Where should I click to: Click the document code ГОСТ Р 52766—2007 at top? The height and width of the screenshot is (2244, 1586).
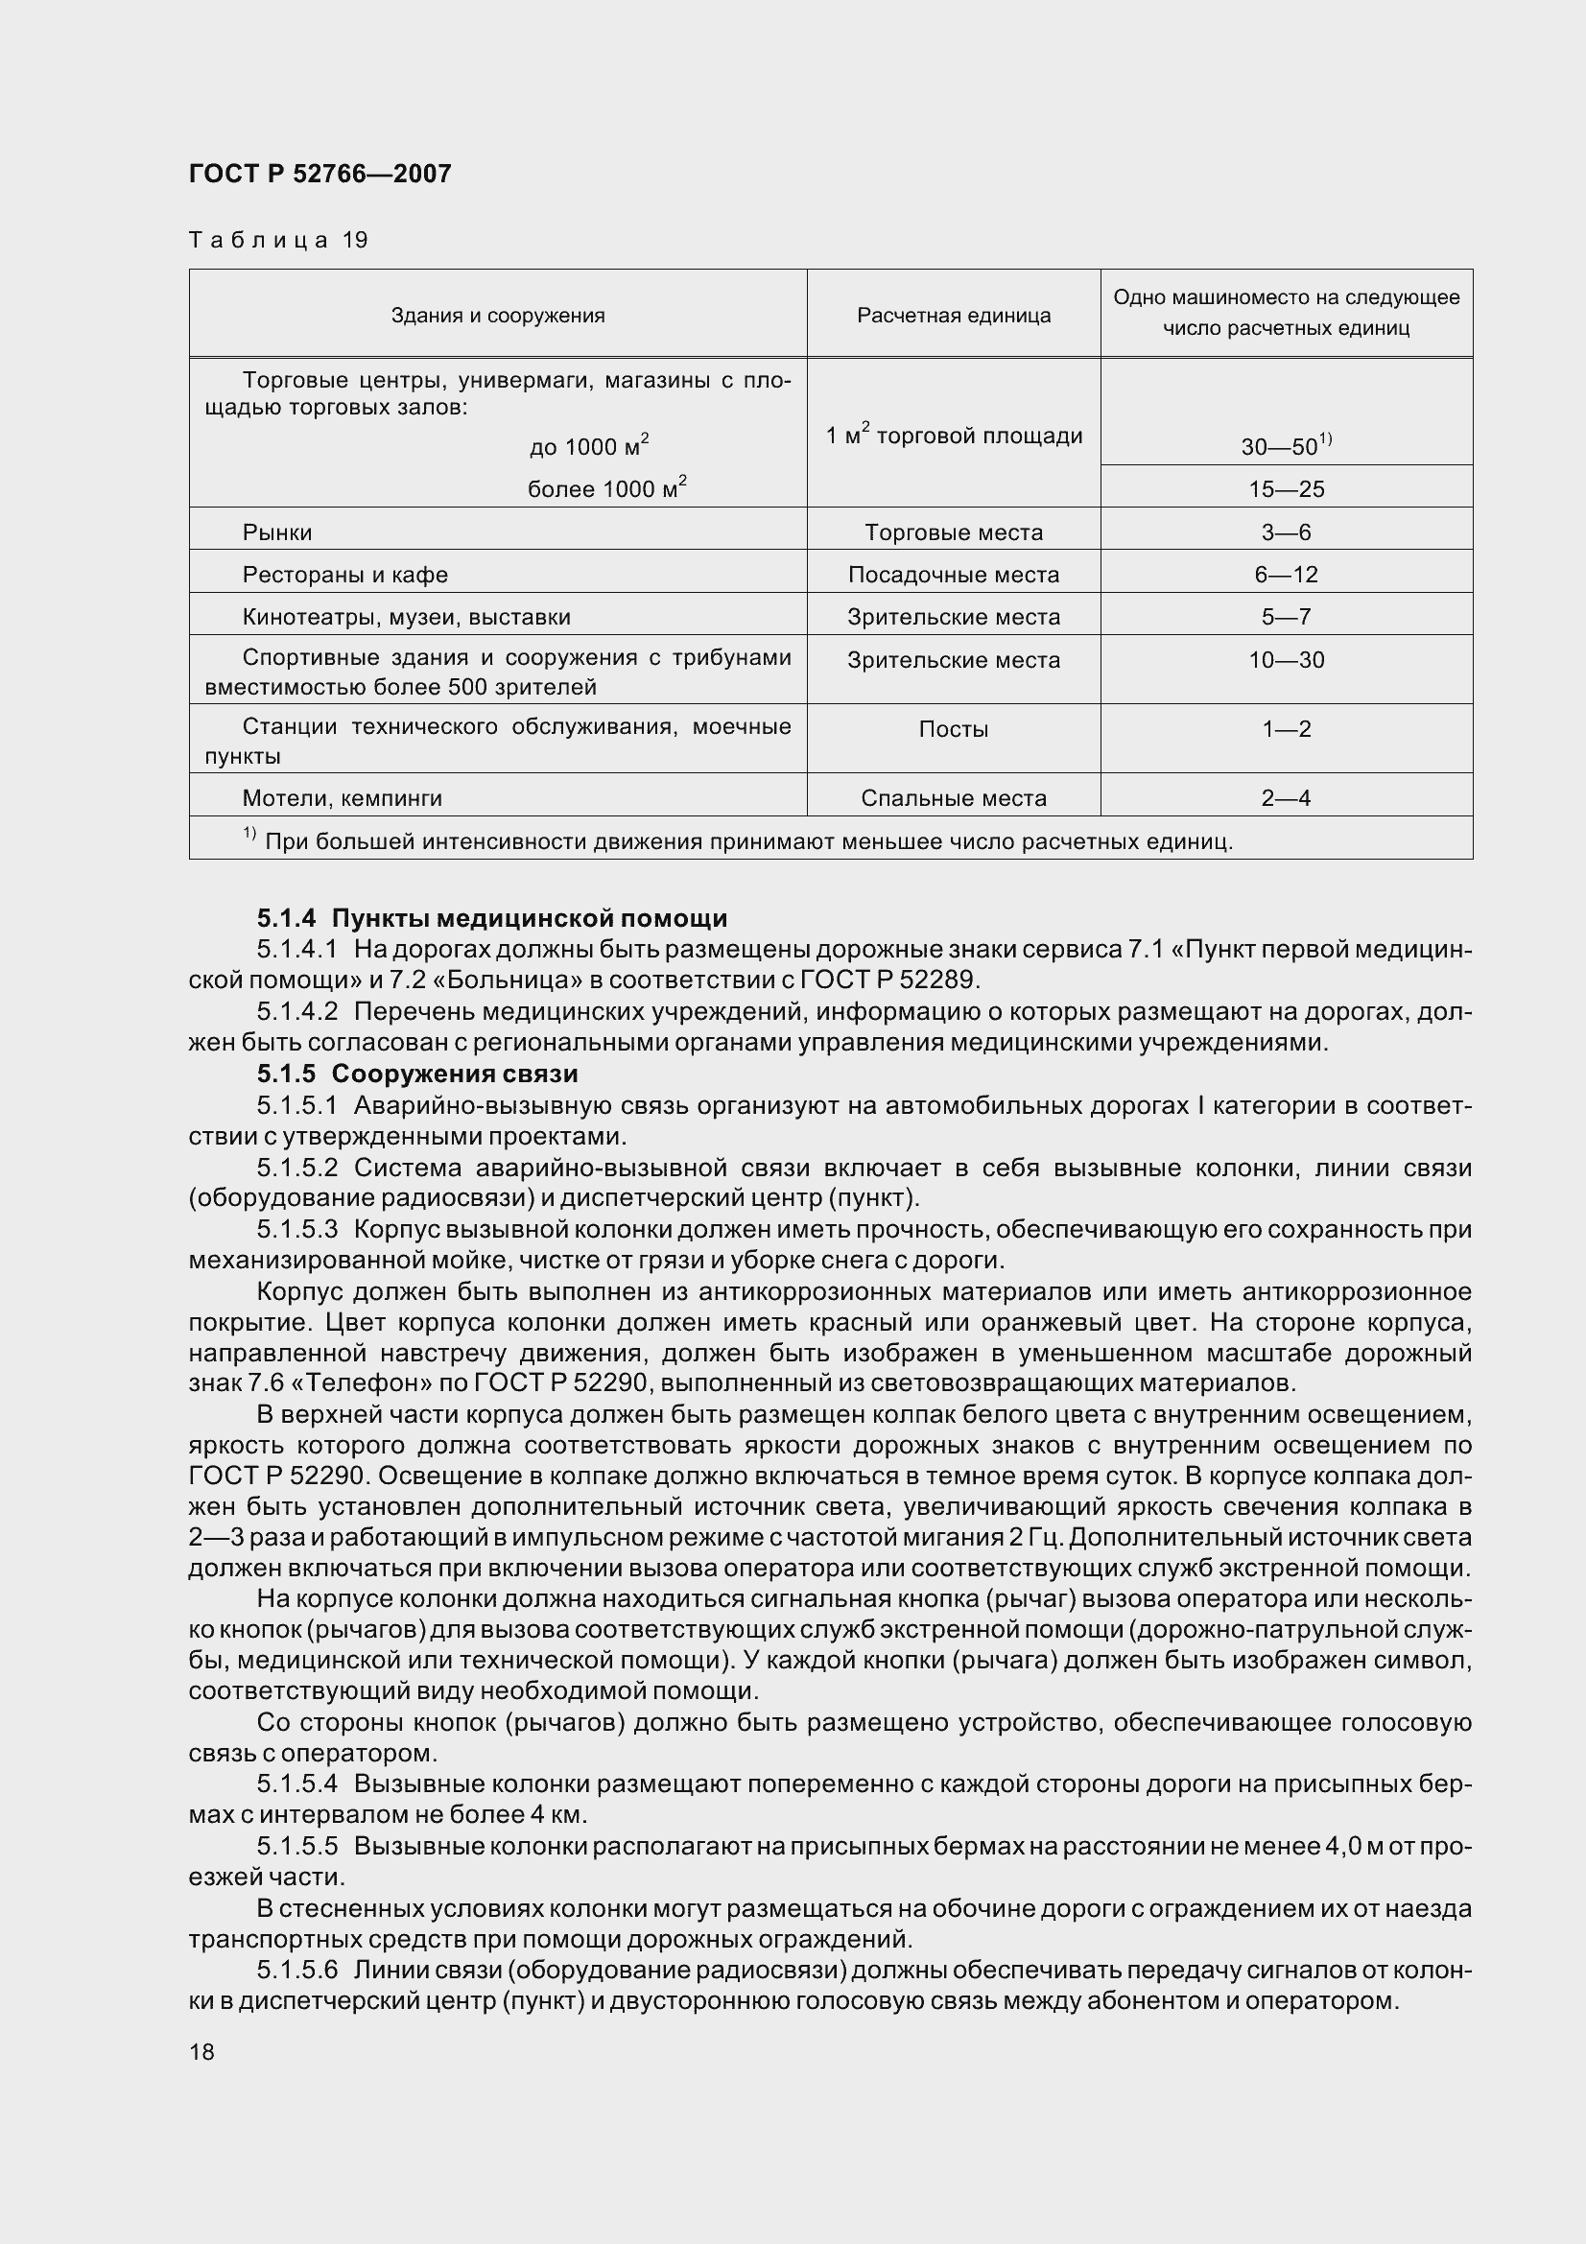click(320, 174)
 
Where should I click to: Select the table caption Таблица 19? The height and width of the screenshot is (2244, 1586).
click(277, 240)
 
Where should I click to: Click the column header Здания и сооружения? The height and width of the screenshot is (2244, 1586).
click(497, 315)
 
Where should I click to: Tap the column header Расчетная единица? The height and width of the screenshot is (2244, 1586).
click(953, 315)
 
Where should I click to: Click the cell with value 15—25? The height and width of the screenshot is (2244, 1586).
click(1285, 488)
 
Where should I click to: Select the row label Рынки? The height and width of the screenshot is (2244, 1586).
click(276, 531)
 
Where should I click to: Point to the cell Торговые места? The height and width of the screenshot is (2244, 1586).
click(953, 531)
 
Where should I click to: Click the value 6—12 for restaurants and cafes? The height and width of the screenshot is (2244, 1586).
click(1285, 575)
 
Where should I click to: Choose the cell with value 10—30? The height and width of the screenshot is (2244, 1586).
click(1285, 660)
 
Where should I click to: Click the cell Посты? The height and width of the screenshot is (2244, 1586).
click(953, 729)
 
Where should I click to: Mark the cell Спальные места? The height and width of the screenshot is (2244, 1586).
click(953, 797)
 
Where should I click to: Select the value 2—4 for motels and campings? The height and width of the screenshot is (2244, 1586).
click(1285, 797)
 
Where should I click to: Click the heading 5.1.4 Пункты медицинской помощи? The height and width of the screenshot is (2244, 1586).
click(491, 918)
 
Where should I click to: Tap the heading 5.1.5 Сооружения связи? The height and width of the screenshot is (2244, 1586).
click(417, 1074)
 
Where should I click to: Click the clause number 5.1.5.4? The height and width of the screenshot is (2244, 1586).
click(296, 1783)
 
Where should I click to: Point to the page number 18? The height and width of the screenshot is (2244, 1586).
click(201, 2050)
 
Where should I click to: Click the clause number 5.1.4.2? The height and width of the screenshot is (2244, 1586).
click(296, 1011)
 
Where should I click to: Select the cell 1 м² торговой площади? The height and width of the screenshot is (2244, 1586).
click(953, 435)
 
